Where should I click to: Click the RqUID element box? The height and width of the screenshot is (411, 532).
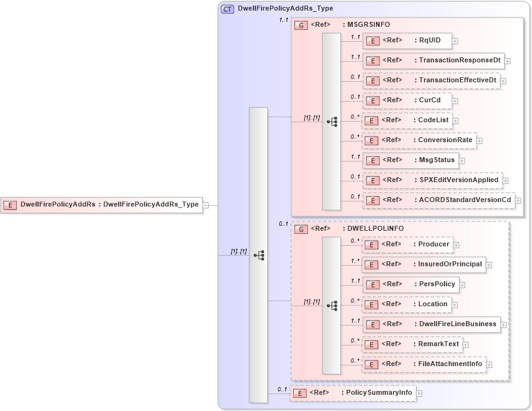click(x=407, y=41)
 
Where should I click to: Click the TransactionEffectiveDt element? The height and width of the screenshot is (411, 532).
click(x=431, y=80)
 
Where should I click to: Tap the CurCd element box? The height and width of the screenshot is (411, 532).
click(x=407, y=100)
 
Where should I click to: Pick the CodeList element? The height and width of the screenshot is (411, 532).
click(x=407, y=120)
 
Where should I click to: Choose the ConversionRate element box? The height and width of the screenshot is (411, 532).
click(x=419, y=140)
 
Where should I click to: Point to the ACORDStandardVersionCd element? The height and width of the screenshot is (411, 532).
click(x=438, y=200)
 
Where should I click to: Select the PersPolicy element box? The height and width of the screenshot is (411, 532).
click(x=410, y=284)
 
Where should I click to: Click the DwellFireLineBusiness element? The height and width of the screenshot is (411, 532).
click(x=431, y=324)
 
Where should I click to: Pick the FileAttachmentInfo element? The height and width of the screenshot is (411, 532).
click(x=424, y=364)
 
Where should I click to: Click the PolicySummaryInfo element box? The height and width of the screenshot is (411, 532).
click(x=353, y=393)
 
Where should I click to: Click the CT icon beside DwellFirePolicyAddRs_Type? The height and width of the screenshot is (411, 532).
click(x=228, y=9)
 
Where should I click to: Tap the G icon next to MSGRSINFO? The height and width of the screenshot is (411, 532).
click(x=301, y=25)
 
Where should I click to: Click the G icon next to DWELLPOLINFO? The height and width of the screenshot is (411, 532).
click(x=301, y=229)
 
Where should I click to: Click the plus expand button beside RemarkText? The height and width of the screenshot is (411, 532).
click(x=466, y=345)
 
